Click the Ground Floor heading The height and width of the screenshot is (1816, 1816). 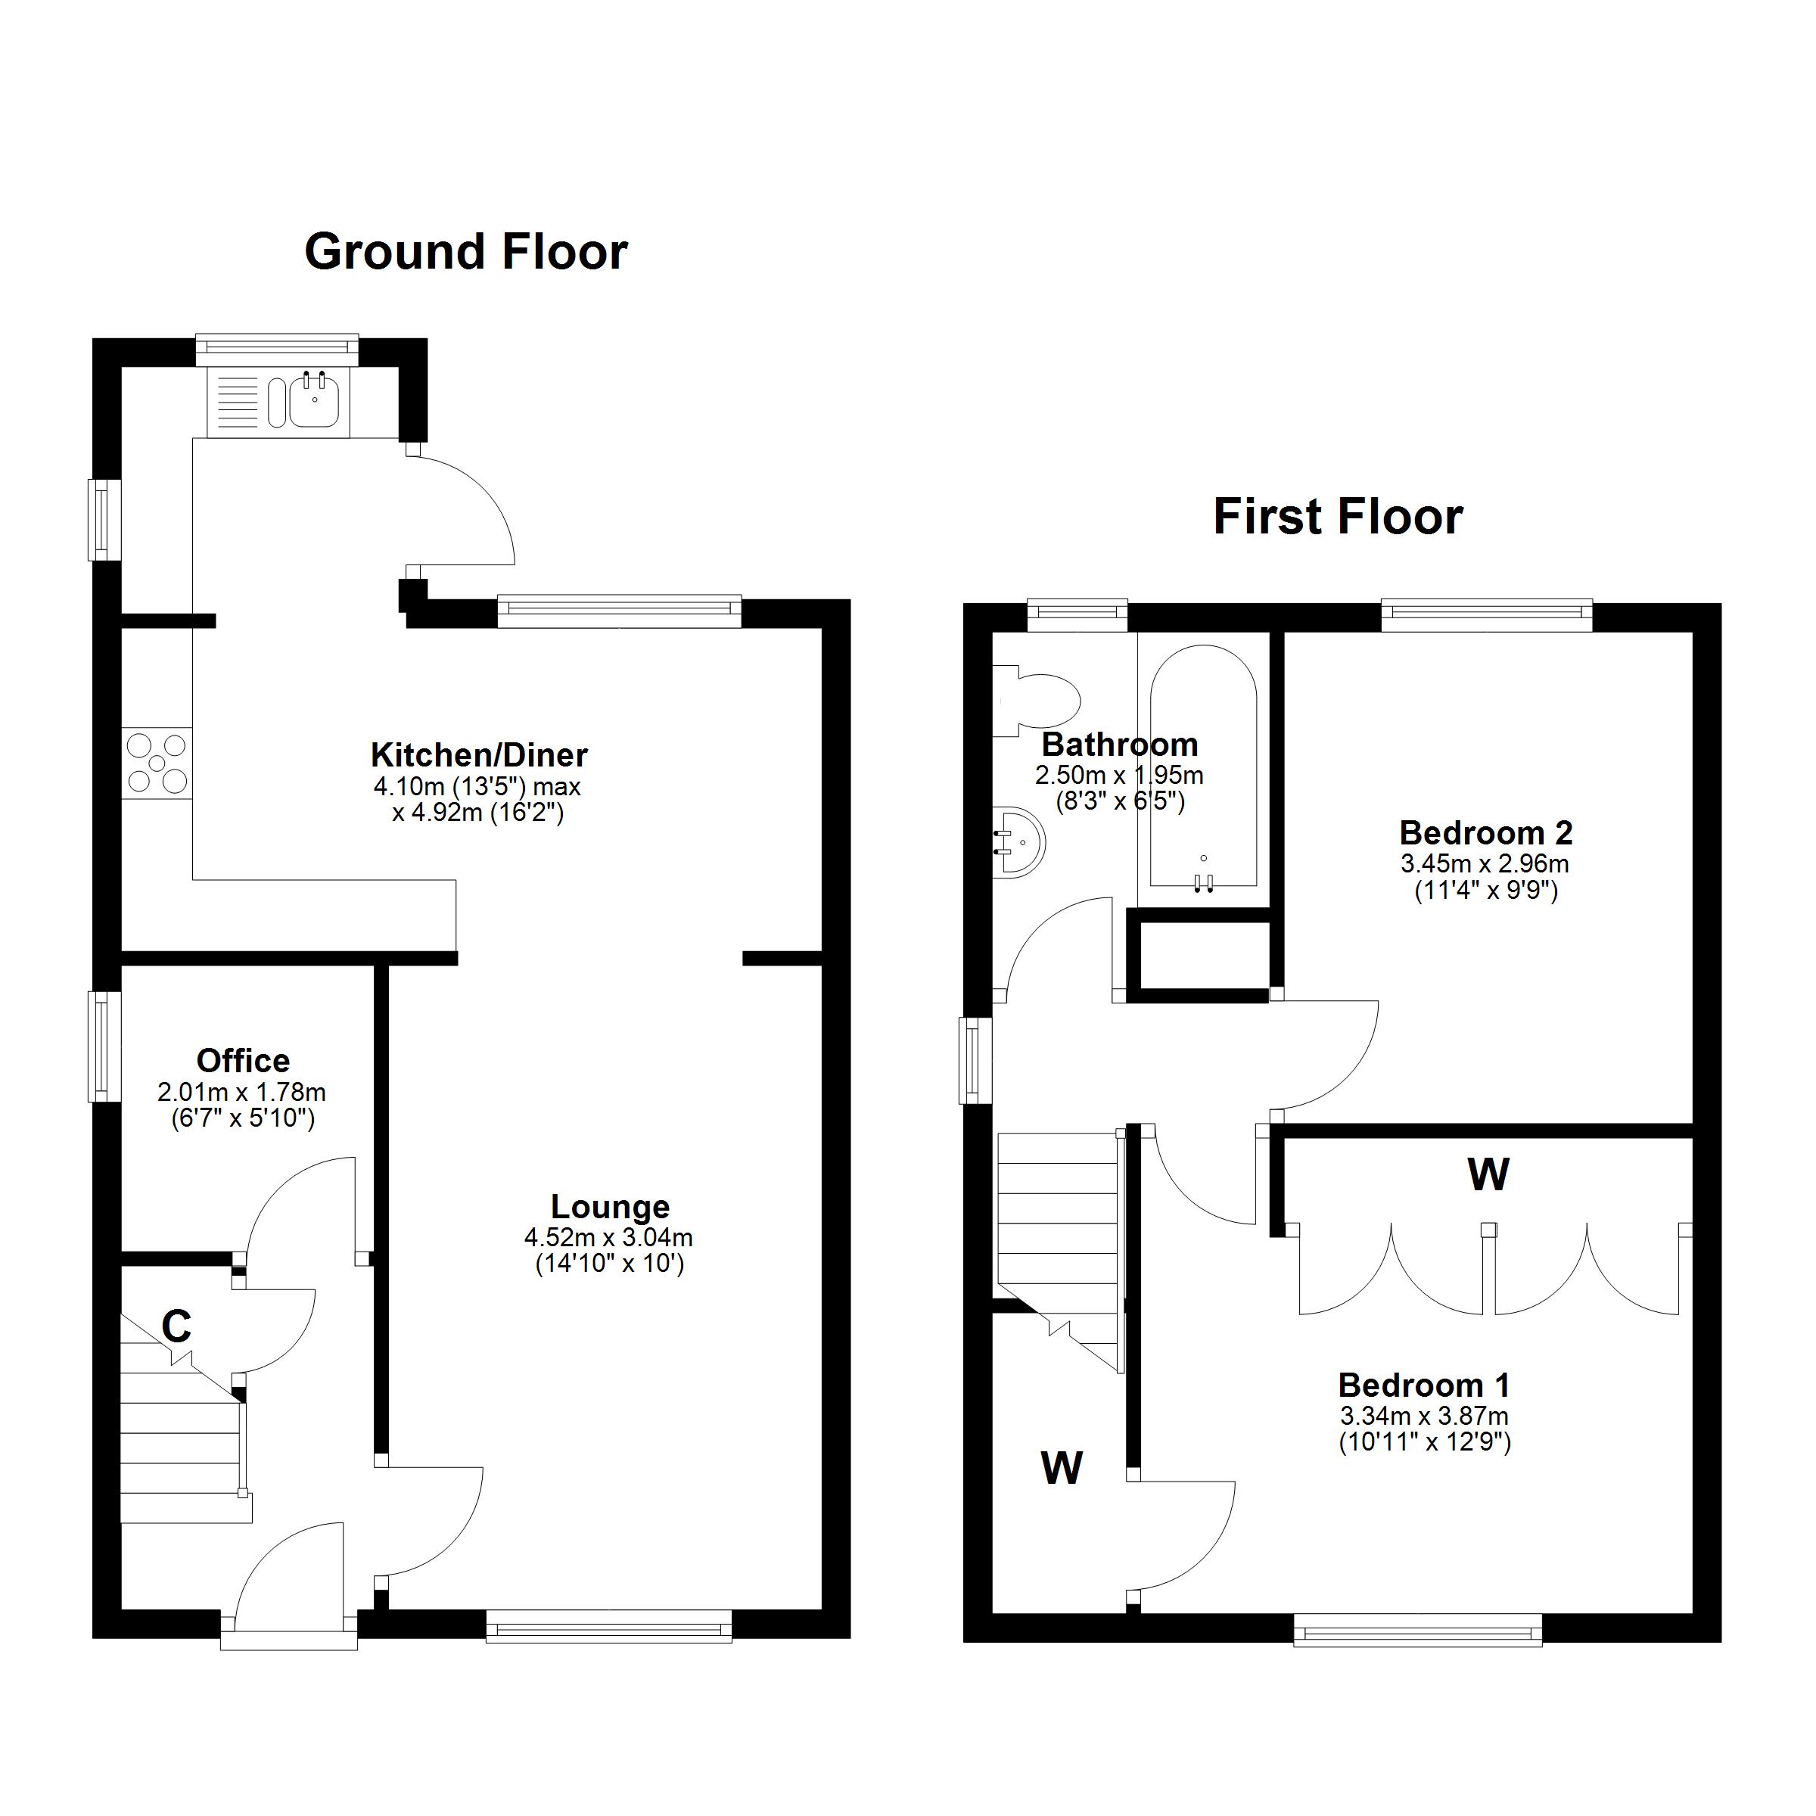(x=465, y=252)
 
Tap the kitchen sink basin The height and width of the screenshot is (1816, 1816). (x=313, y=403)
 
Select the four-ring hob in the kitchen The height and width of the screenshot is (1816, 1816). (x=157, y=763)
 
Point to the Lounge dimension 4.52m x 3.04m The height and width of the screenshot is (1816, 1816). (x=608, y=1238)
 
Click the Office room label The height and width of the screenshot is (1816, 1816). (x=242, y=1060)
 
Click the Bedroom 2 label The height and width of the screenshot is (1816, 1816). (x=1485, y=833)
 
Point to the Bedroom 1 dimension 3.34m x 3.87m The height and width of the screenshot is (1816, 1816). (x=1424, y=1416)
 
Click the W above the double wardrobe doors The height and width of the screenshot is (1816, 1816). (x=1488, y=1174)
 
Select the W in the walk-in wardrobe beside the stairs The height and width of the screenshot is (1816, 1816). (x=1061, y=1467)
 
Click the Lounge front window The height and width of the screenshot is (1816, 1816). (x=608, y=1625)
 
